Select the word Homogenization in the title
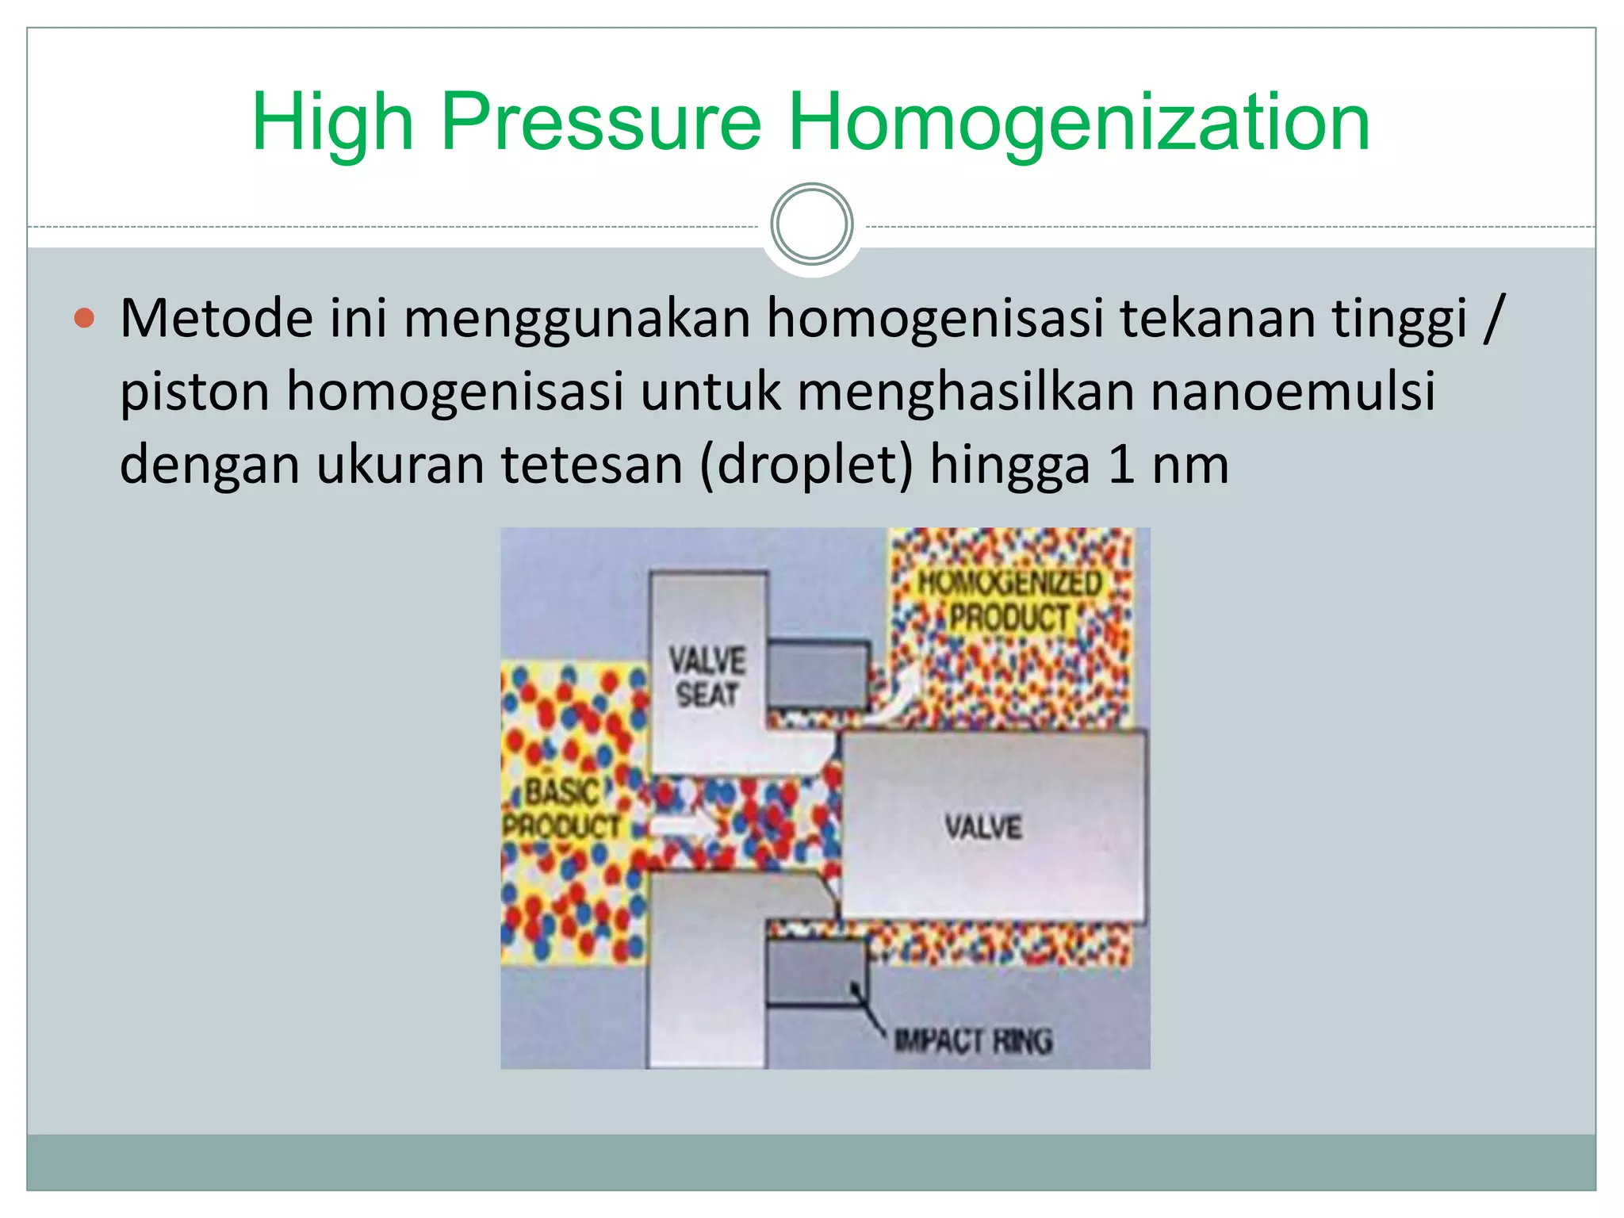tap(1078, 123)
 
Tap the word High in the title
tap(332, 123)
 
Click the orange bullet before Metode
tap(84, 319)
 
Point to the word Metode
tap(216, 319)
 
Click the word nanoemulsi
tap(1293, 392)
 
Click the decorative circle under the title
tap(811, 224)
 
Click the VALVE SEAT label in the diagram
tap(707, 677)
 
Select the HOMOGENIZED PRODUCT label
tap(1009, 600)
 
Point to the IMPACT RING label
tap(973, 1040)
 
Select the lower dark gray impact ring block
tap(815, 972)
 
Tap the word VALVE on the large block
tap(982, 827)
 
